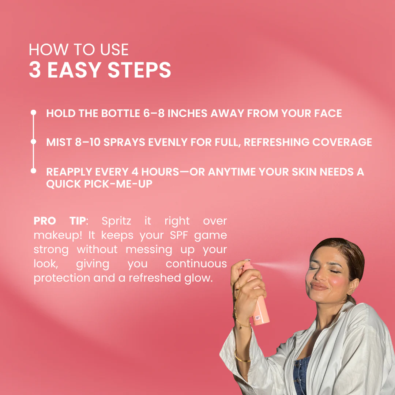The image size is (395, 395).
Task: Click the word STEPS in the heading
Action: point(139,70)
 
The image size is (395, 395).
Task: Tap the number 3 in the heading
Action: point(35,70)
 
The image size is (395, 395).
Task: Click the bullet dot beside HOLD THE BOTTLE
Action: point(33,112)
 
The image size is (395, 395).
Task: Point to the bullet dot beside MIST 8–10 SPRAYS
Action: point(33,142)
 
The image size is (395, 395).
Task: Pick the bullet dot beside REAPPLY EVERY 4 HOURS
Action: point(33,171)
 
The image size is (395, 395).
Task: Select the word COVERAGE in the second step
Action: point(342,142)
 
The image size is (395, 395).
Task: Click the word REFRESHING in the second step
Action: point(276,142)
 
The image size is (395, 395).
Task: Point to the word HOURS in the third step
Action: point(160,172)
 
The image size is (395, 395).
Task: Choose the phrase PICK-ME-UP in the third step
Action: point(118,184)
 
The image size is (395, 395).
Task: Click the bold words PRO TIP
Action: point(60,221)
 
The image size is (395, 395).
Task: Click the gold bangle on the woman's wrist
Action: point(242,358)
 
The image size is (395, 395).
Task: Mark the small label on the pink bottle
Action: point(257,318)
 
